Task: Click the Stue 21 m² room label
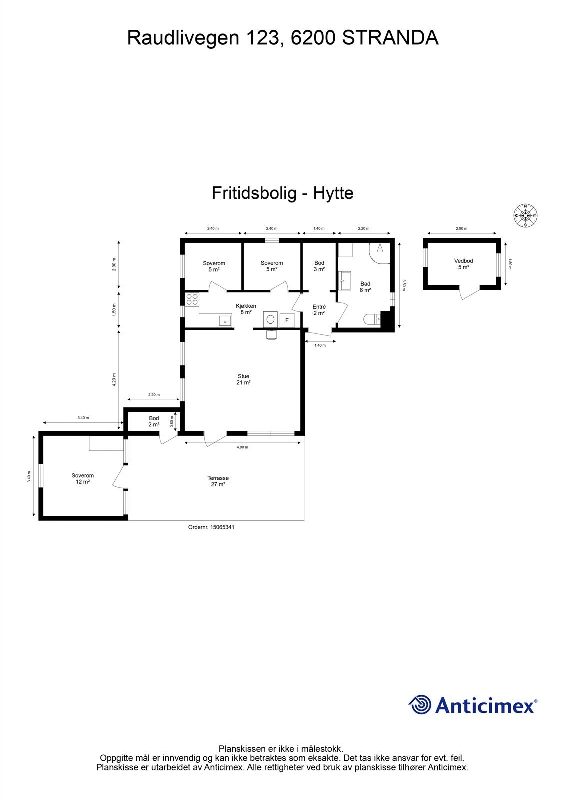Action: point(243,379)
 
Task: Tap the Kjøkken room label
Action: point(246,309)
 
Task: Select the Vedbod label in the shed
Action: point(463,264)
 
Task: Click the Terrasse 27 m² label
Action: point(218,481)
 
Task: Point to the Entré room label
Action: point(319,310)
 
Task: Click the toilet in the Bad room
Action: point(372,319)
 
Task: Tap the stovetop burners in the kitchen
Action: point(192,299)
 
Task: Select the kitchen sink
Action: point(225,320)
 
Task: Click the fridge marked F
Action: point(287,320)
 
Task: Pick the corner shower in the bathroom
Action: point(380,251)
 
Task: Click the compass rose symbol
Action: point(525,215)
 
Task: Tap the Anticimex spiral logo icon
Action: point(420,705)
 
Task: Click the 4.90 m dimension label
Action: point(242,447)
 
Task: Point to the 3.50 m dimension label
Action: point(404,284)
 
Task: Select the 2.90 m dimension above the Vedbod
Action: point(461,228)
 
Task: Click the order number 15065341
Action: point(211,527)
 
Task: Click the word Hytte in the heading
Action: point(333,193)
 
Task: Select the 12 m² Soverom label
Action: point(82,479)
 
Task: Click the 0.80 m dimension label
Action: point(172,422)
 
